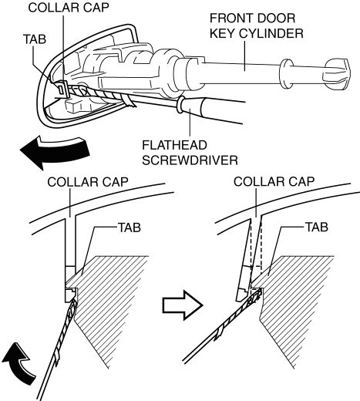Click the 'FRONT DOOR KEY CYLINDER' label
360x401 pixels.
tap(257, 25)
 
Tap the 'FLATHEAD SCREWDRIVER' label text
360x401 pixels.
tap(190, 153)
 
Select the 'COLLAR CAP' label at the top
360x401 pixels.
tap(69, 8)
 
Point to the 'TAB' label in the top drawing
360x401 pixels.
tap(35, 39)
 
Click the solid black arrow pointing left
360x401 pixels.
tap(55, 153)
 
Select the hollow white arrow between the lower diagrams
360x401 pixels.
tap(183, 305)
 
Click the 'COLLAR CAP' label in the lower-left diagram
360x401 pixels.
tap(88, 182)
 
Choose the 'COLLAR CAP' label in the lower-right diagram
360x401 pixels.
tap(274, 181)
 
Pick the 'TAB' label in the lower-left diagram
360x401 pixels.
tap(130, 227)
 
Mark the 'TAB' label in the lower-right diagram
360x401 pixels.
tap(317, 227)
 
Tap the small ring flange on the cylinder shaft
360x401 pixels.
tap(287, 74)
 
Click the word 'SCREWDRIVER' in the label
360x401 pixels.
tap(190, 160)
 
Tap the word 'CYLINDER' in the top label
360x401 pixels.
tap(271, 33)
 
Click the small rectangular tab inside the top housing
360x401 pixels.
tap(62, 89)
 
